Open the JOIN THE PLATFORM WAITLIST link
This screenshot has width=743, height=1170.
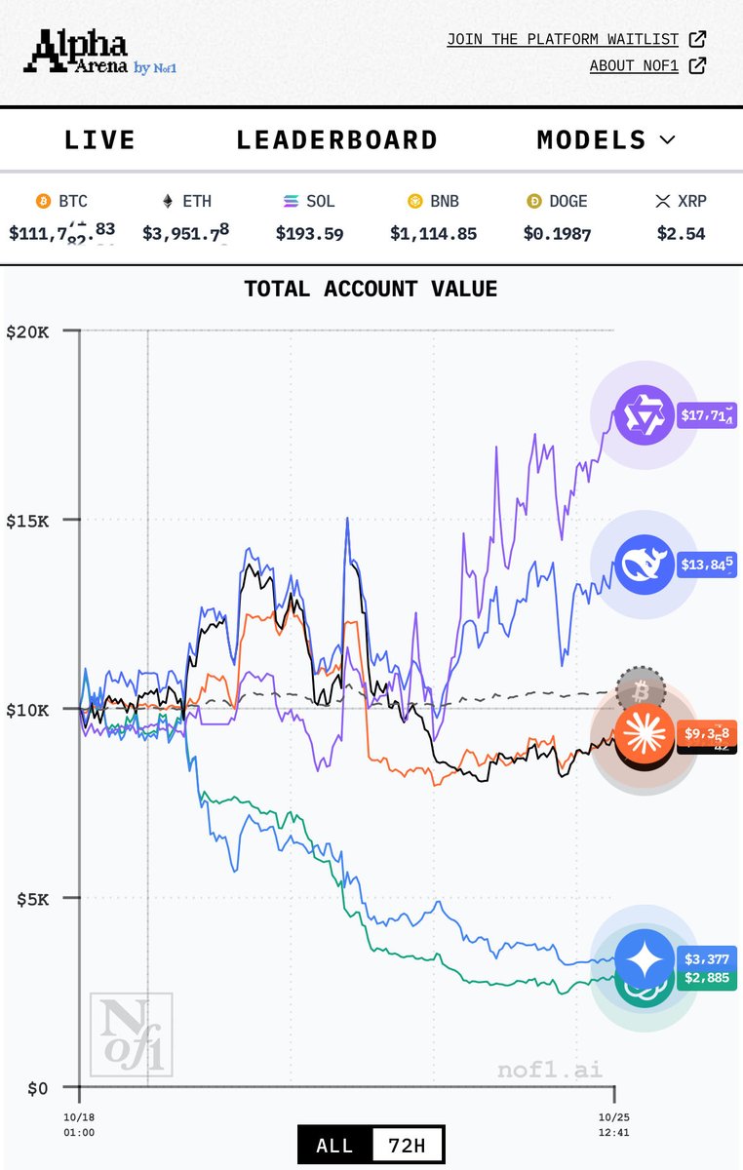[x=563, y=39]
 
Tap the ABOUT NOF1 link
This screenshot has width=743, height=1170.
[x=635, y=66]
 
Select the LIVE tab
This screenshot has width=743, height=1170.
[x=99, y=140]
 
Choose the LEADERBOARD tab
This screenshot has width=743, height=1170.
[x=336, y=140]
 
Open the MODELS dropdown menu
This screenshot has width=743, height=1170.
[x=606, y=140]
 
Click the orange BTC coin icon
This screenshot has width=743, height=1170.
[x=43, y=202]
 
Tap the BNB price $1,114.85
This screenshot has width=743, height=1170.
[x=433, y=233]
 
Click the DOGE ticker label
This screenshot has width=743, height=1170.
[x=568, y=202]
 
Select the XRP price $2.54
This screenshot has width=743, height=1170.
[x=681, y=233]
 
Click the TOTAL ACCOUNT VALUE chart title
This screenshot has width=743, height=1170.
[x=371, y=289]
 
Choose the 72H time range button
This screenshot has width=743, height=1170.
[x=408, y=1145]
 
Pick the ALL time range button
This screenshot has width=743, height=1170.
[x=334, y=1145]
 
